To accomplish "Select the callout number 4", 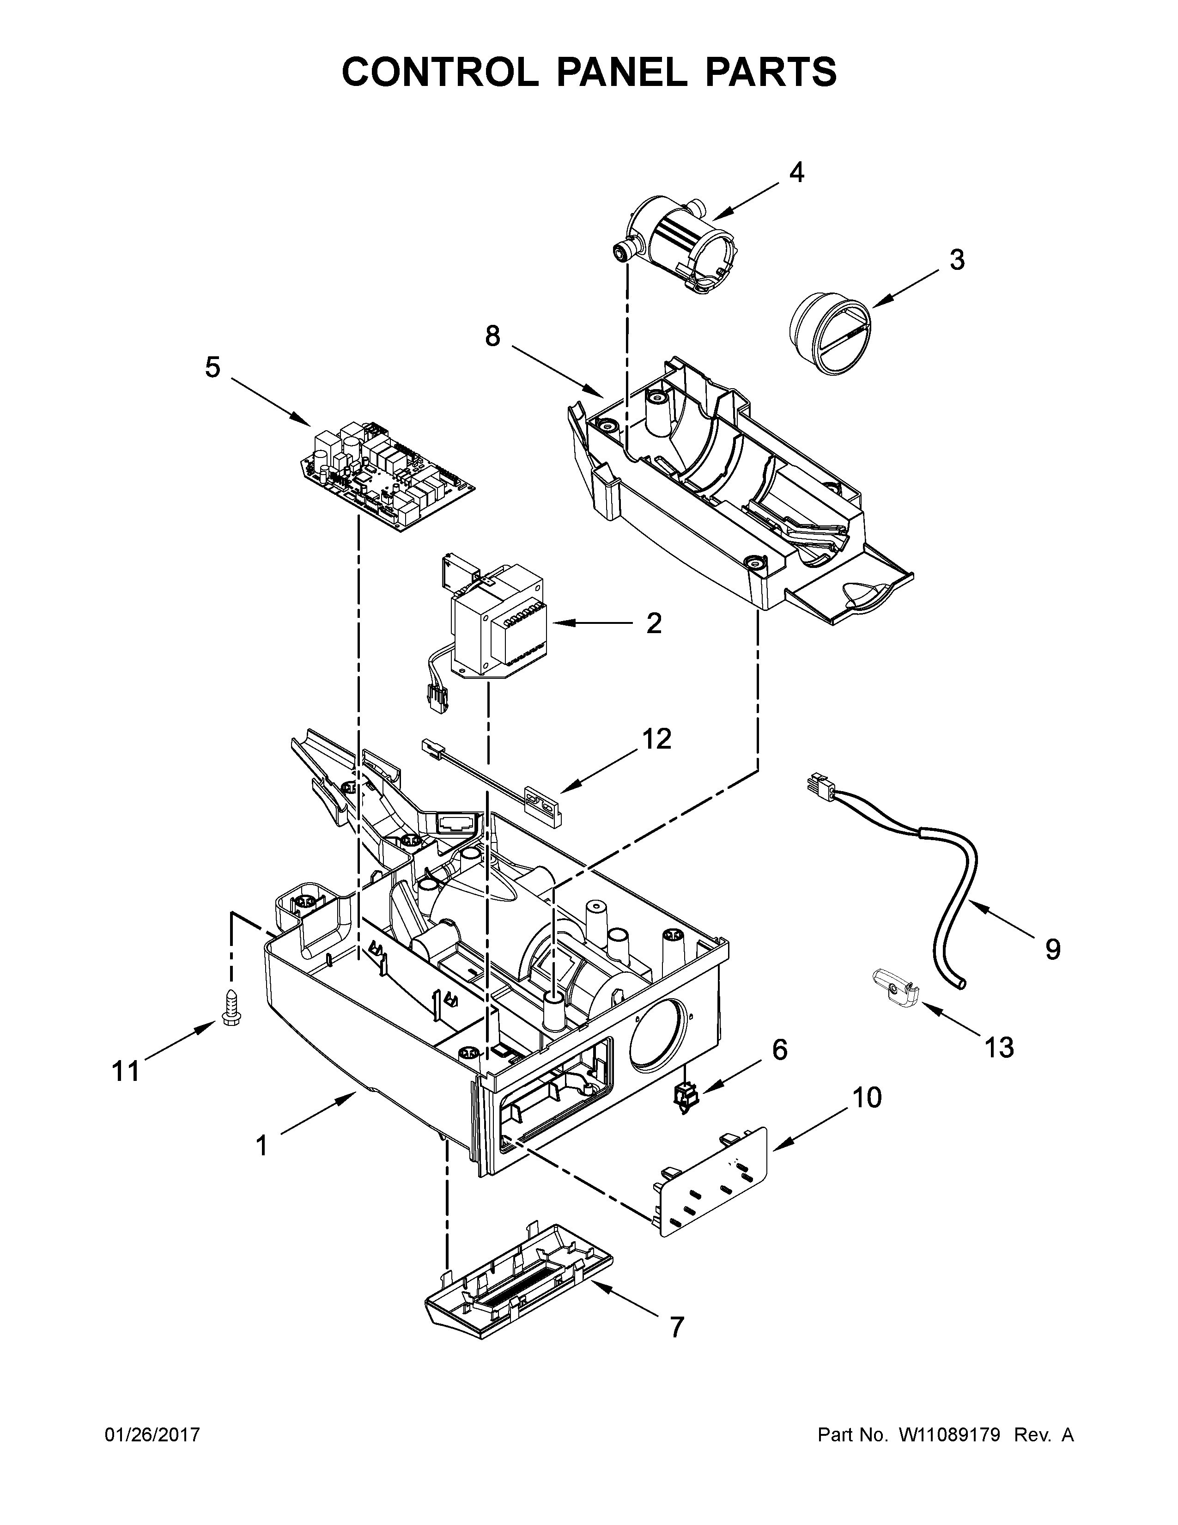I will coord(796,172).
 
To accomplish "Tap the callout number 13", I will coord(999,1047).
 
